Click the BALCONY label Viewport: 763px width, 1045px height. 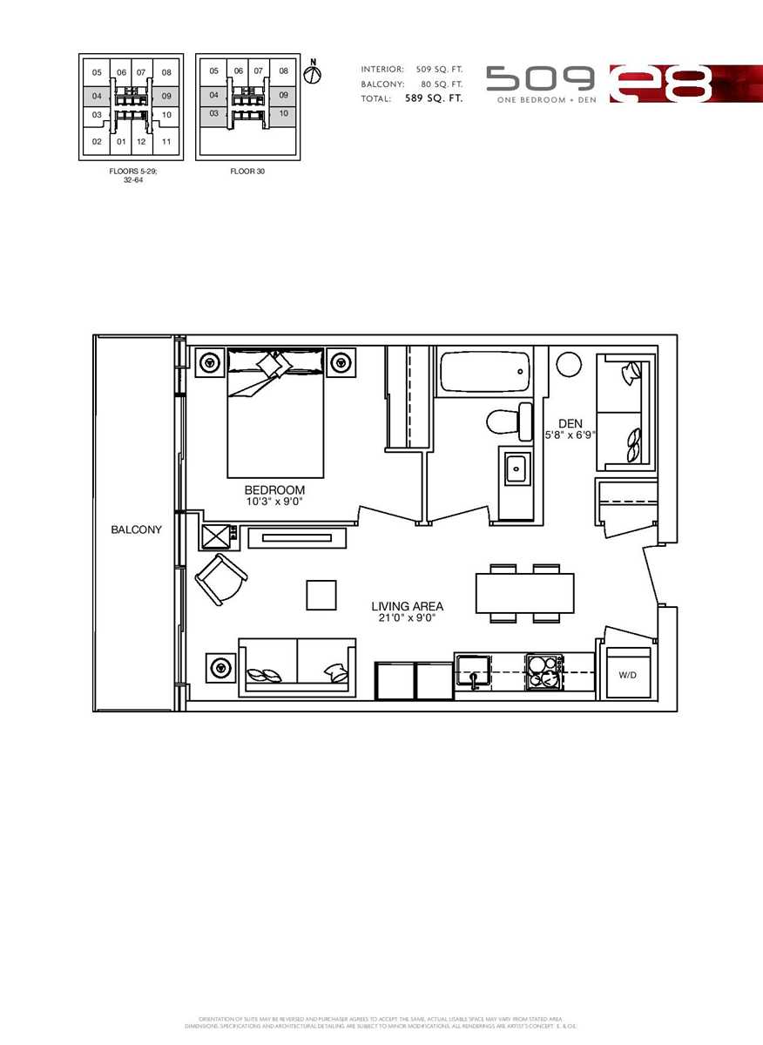click(136, 529)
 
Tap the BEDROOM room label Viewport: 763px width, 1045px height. click(274, 490)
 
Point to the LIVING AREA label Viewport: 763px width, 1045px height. click(407, 606)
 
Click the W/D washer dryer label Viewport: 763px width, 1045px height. click(627, 675)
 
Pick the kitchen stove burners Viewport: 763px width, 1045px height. click(544, 673)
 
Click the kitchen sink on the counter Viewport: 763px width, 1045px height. click(476, 671)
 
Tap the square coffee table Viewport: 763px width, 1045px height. click(321, 595)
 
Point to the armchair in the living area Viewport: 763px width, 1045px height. click(221, 578)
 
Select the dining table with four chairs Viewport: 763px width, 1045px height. click(524, 593)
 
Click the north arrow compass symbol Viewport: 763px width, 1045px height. click(313, 73)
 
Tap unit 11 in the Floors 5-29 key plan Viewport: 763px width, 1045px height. click(166, 140)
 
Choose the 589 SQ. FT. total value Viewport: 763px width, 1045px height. click(434, 98)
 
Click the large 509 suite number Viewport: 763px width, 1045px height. click(540, 79)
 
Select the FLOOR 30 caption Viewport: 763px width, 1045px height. click(247, 172)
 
